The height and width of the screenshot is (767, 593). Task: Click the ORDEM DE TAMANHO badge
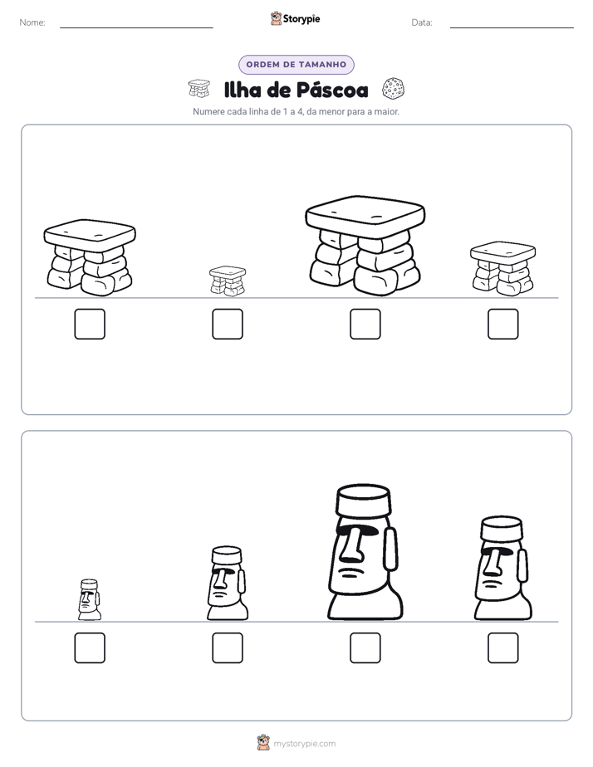pyautogui.click(x=296, y=65)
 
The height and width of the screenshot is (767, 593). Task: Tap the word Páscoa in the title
pyautogui.click(x=332, y=90)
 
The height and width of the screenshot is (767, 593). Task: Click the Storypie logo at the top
pyautogui.click(x=295, y=18)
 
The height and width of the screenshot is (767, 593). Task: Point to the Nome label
pyautogui.click(x=32, y=22)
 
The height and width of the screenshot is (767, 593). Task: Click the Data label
pyautogui.click(x=422, y=22)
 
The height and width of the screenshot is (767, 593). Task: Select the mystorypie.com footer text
pyautogui.click(x=304, y=744)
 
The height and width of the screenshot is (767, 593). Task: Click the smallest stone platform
pyautogui.click(x=228, y=281)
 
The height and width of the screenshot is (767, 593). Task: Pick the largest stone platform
pyautogui.click(x=365, y=246)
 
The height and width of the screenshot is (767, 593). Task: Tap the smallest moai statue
pyautogui.click(x=90, y=599)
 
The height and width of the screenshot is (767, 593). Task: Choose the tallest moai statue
pyautogui.click(x=365, y=552)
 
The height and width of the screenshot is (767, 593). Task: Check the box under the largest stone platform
pyautogui.click(x=365, y=324)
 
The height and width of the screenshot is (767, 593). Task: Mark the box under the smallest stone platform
pyautogui.click(x=228, y=324)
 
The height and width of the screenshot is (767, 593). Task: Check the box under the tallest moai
pyautogui.click(x=365, y=648)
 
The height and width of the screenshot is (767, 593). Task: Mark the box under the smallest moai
pyautogui.click(x=90, y=648)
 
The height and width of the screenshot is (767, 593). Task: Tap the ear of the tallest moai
pyautogui.click(x=390, y=549)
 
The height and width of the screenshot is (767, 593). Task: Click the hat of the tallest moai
pyautogui.click(x=364, y=500)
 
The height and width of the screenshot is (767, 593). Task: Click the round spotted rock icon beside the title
pyautogui.click(x=393, y=89)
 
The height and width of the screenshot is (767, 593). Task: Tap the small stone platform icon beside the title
pyautogui.click(x=199, y=88)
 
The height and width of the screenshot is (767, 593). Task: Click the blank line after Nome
pyautogui.click(x=136, y=27)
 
